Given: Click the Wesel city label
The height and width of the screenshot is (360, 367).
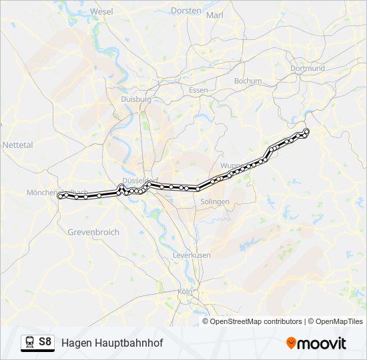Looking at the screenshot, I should click(x=101, y=12).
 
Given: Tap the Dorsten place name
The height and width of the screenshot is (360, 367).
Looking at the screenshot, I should click(x=186, y=11).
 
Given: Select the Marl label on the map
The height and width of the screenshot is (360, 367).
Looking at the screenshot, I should click(x=215, y=15).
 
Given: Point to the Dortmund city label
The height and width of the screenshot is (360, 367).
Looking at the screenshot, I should click(x=308, y=68).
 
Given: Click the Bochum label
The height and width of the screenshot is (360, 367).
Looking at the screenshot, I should click(x=248, y=81).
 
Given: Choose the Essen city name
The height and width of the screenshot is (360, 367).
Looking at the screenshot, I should click(x=198, y=90).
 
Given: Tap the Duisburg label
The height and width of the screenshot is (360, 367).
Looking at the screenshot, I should click(x=136, y=99).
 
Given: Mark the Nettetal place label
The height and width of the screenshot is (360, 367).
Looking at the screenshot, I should click(x=17, y=144).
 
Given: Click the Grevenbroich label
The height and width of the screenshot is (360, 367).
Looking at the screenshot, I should click(x=93, y=232).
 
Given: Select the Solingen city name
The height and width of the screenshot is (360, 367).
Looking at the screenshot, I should click(x=214, y=201).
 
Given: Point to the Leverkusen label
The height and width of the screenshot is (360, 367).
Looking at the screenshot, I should click(x=192, y=255).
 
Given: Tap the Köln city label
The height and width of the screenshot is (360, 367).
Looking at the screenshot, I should click(x=185, y=291).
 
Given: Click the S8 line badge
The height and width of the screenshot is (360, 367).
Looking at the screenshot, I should click(x=45, y=342).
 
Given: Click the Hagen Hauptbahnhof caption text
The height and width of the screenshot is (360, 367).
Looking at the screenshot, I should click(x=112, y=343).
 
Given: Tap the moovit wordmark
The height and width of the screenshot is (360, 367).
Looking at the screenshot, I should click(x=322, y=343).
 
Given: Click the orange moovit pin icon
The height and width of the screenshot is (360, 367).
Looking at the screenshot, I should click(x=291, y=343).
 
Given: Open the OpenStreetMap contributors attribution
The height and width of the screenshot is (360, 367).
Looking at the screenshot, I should click(x=256, y=321).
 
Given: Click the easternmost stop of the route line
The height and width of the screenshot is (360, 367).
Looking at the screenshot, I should click(x=306, y=131).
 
